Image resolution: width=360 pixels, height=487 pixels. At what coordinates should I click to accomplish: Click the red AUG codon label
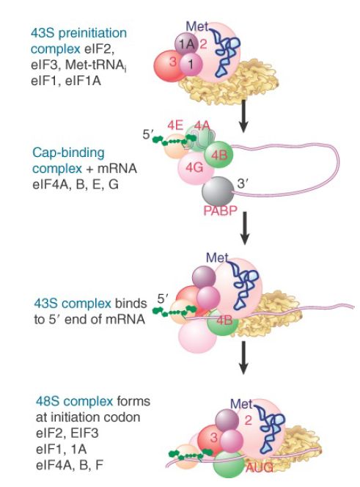[260, 466]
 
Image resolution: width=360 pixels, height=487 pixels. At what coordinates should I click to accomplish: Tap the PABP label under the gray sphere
[220, 211]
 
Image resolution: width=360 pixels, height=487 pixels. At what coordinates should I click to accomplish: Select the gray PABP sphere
[218, 191]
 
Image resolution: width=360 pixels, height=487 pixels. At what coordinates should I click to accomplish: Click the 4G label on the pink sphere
[194, 168]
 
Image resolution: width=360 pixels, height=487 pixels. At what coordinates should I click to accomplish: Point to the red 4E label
[175, 125]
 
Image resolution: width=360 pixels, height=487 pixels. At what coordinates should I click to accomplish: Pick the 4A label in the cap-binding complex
[202, 126]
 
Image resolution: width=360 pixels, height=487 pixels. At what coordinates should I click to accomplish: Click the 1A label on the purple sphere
[187, 45]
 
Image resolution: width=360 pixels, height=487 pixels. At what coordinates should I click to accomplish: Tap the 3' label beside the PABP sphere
[242, 184]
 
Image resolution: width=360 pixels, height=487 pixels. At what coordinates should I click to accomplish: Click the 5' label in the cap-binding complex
[148, 135]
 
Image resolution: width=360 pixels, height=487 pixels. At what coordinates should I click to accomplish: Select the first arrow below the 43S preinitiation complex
[244, 116]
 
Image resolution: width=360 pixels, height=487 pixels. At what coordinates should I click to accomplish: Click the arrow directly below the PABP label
[245, 228]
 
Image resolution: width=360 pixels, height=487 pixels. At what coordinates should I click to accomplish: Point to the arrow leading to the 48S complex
[244, 358]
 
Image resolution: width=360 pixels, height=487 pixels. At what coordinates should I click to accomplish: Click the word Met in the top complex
[196, 26]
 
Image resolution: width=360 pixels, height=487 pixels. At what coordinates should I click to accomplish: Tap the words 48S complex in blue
[74, 401]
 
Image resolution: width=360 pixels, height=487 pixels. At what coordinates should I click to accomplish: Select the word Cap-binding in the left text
[68, 153]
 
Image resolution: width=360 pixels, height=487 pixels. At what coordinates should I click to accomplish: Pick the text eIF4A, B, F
[69, 465]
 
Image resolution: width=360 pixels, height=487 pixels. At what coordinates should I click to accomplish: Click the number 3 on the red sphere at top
[173, 62]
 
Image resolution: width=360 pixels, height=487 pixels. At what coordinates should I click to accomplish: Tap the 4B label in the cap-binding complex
[219, 155]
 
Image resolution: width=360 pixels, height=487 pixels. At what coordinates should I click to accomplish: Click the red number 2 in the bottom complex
[248, 420]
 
